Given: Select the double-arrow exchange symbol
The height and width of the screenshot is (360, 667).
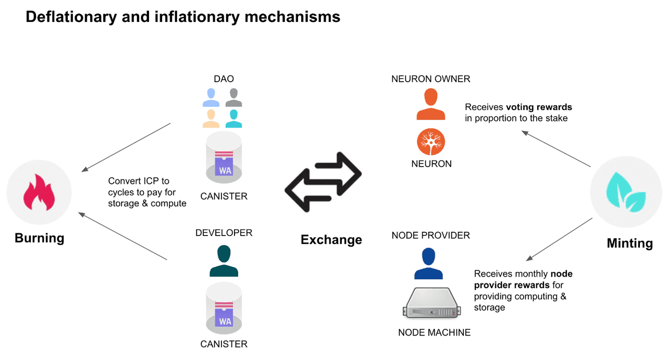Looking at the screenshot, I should [323, 182].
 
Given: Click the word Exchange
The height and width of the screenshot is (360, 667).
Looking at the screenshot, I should [331, 240].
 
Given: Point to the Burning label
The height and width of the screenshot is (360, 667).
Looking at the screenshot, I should [40, 238].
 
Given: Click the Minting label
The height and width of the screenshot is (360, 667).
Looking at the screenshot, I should [629, 243].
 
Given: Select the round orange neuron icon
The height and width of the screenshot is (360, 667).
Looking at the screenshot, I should [431, 142].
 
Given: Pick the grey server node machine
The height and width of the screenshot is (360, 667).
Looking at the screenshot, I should [430, 304].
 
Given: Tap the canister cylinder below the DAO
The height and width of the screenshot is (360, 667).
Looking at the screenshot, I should [224, 161].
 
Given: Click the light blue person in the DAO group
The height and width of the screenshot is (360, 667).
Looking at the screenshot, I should [211, 97].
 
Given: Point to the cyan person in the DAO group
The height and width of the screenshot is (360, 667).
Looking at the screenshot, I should [233, 118].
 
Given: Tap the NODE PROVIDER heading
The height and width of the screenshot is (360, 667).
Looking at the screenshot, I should [430, 235].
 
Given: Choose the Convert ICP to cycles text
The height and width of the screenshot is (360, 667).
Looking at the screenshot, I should [139, 181].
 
